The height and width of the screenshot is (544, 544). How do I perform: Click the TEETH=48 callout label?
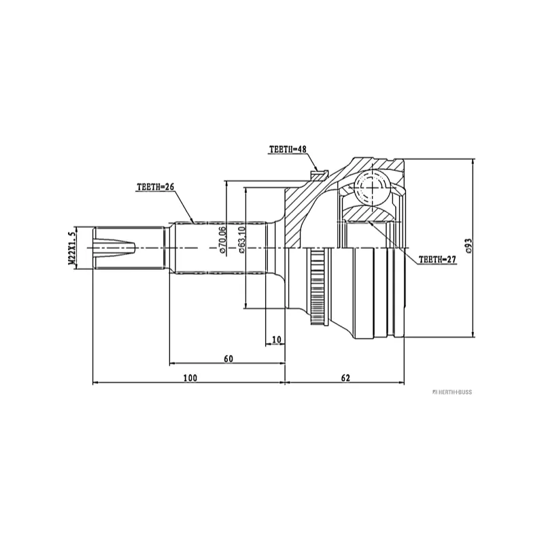click(288, 150)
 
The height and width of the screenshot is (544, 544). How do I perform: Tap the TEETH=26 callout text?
click(155, 186)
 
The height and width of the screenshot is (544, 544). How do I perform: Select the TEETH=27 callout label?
click(437, 260)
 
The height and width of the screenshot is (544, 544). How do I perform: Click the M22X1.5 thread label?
click(72, 248)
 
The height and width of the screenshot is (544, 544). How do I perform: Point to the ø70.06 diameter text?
click(222, 239)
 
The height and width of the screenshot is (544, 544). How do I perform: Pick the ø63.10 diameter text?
click(241, 239)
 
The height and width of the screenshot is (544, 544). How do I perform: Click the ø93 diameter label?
click(469, 245)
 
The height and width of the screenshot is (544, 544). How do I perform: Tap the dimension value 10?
click(277, 339)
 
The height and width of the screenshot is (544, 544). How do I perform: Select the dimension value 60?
click(228, 359)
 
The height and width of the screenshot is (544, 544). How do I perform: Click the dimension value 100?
click(190, 378)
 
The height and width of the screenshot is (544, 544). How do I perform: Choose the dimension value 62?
click(345, 378)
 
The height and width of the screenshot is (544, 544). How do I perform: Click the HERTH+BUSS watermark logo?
click(452, 392)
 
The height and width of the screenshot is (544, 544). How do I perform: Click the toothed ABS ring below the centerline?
click(316, 286)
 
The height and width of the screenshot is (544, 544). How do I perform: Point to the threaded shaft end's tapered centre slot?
click(114, 248)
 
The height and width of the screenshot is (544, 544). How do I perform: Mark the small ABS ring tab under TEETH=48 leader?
click(320, 174)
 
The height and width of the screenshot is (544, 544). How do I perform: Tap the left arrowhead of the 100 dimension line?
click(95, 383)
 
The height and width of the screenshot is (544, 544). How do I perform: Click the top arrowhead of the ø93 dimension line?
click(473, 162)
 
